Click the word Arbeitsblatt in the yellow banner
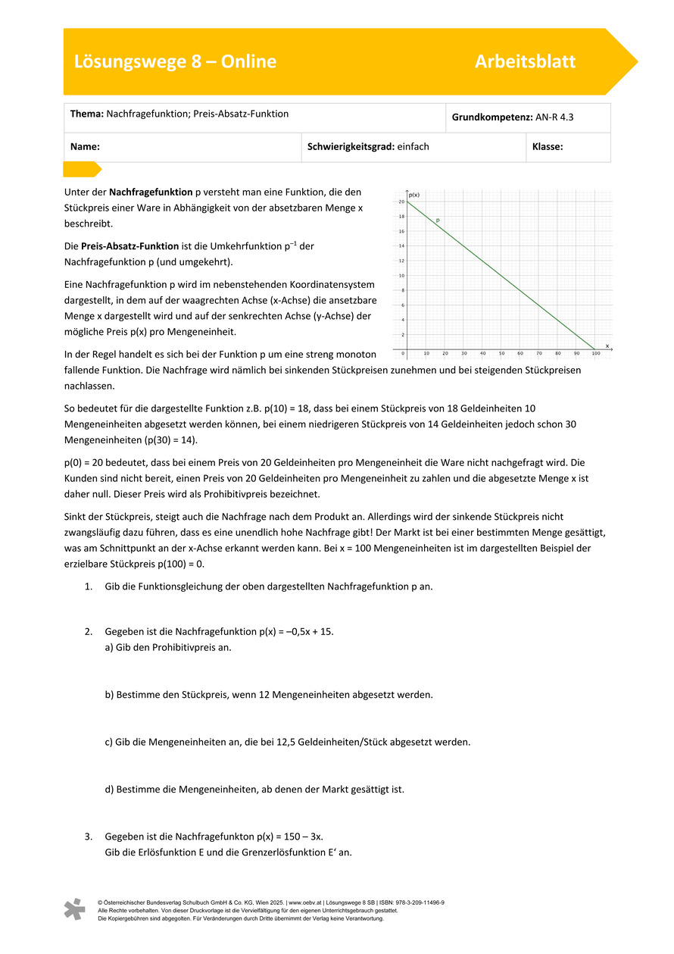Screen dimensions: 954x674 tap(525, 61)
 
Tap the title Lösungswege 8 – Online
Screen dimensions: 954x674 tap(175, 61)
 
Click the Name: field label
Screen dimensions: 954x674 tap(85, 147)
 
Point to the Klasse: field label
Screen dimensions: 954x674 tap(548, 147)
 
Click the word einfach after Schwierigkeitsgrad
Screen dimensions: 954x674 tap(413, 147)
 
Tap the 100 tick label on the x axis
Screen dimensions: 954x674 tap(596, 354)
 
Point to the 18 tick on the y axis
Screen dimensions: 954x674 tap(401, 217)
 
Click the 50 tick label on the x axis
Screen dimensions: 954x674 tap(501, 354)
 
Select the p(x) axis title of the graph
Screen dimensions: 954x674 tap(413, 195)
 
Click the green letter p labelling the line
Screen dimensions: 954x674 tap(438, 220)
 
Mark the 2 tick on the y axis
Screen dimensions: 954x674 tap(402, 335)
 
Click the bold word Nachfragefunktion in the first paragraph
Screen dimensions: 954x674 tap(151, 192)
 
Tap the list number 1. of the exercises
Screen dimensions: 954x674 tap(88, 586)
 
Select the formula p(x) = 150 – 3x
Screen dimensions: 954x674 tap(281, 837)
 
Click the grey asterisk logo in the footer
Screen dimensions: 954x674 tap(74, 909)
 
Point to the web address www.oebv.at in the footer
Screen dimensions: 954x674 tap(304, 902)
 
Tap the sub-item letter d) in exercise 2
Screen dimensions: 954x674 tap(109, 789)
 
